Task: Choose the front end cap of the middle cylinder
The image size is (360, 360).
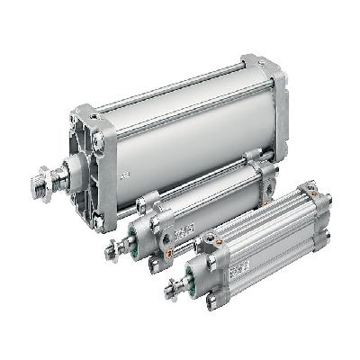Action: point(153,225)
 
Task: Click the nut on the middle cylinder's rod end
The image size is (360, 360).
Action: point(112,249)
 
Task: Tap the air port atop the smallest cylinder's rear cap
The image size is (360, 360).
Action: point(310,192)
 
